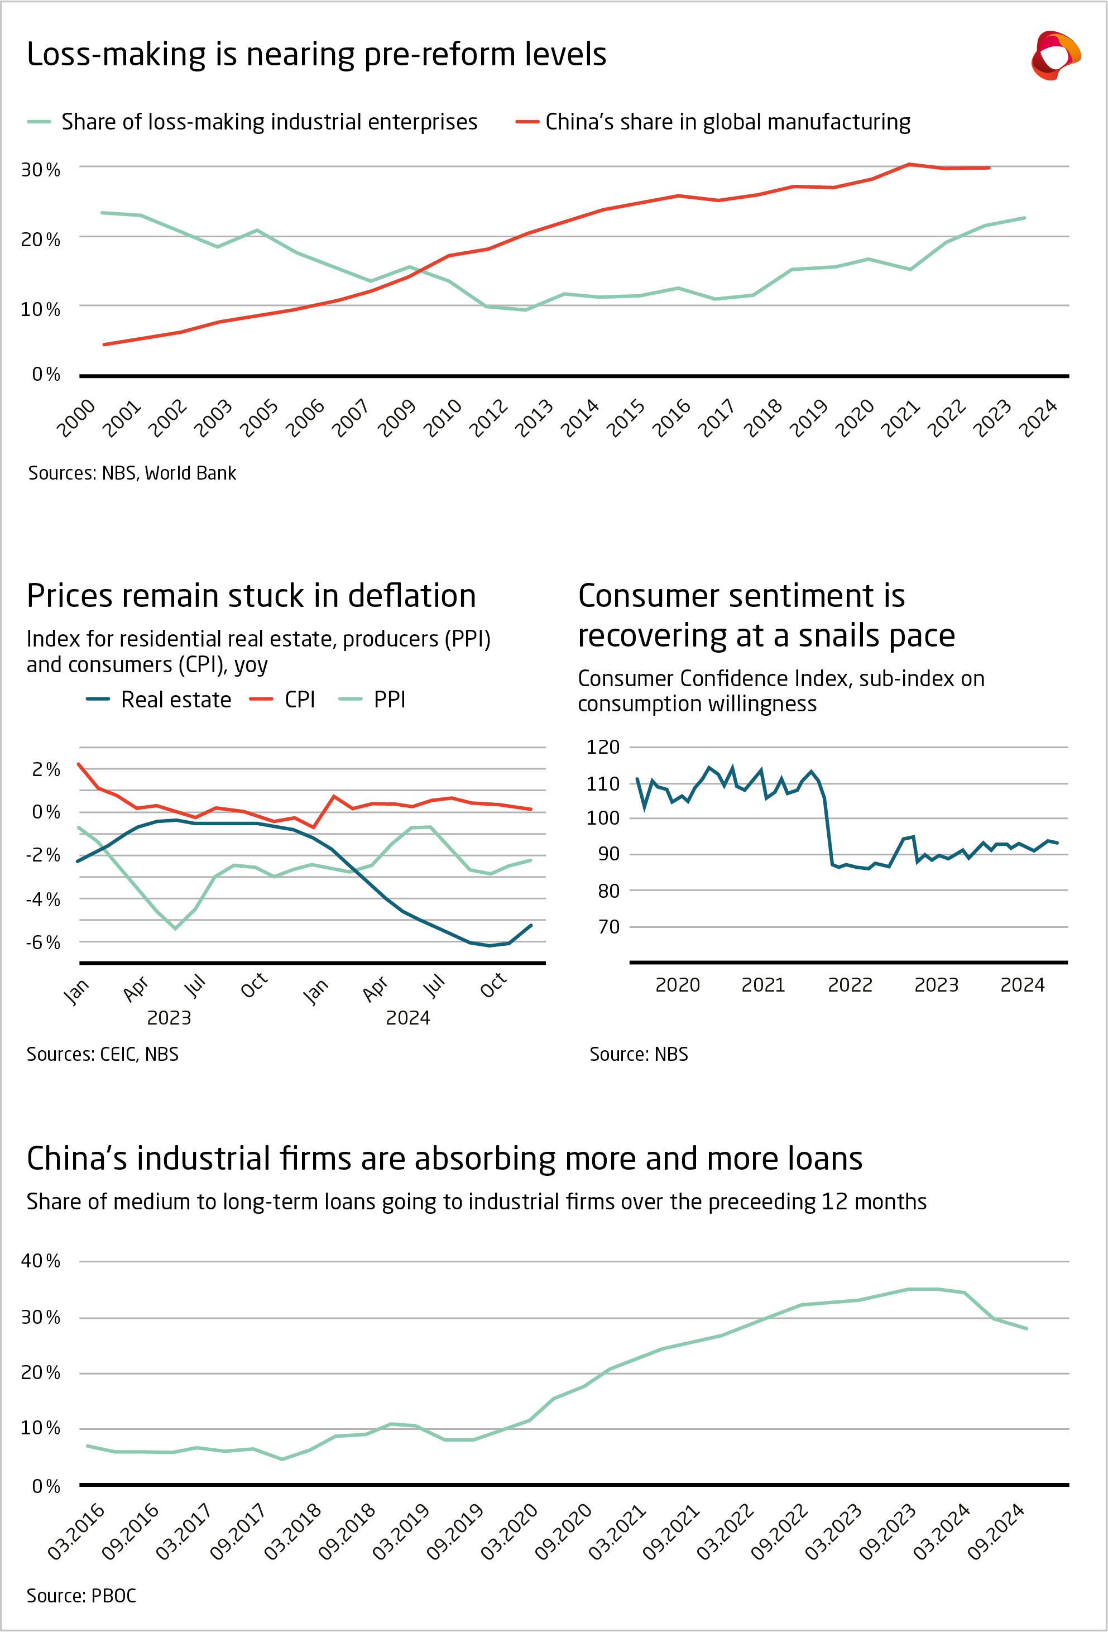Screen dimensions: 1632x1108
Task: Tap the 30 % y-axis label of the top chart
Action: (x=40, y=169)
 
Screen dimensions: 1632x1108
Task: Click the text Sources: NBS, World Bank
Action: (x=132, y=473)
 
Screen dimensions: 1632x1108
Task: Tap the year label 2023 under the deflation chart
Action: (x=169, y=1017)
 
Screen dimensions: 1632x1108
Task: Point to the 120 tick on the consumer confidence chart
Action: (x=602, y=746)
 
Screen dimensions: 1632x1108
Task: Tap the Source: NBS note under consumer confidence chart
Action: (x=638, y=1054)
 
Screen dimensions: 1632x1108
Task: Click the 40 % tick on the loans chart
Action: (x=40, y=1261)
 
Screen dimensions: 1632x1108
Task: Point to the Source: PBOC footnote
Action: (x=81, y=1596)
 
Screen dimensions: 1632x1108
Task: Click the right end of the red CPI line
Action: (x=531, y=809)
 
